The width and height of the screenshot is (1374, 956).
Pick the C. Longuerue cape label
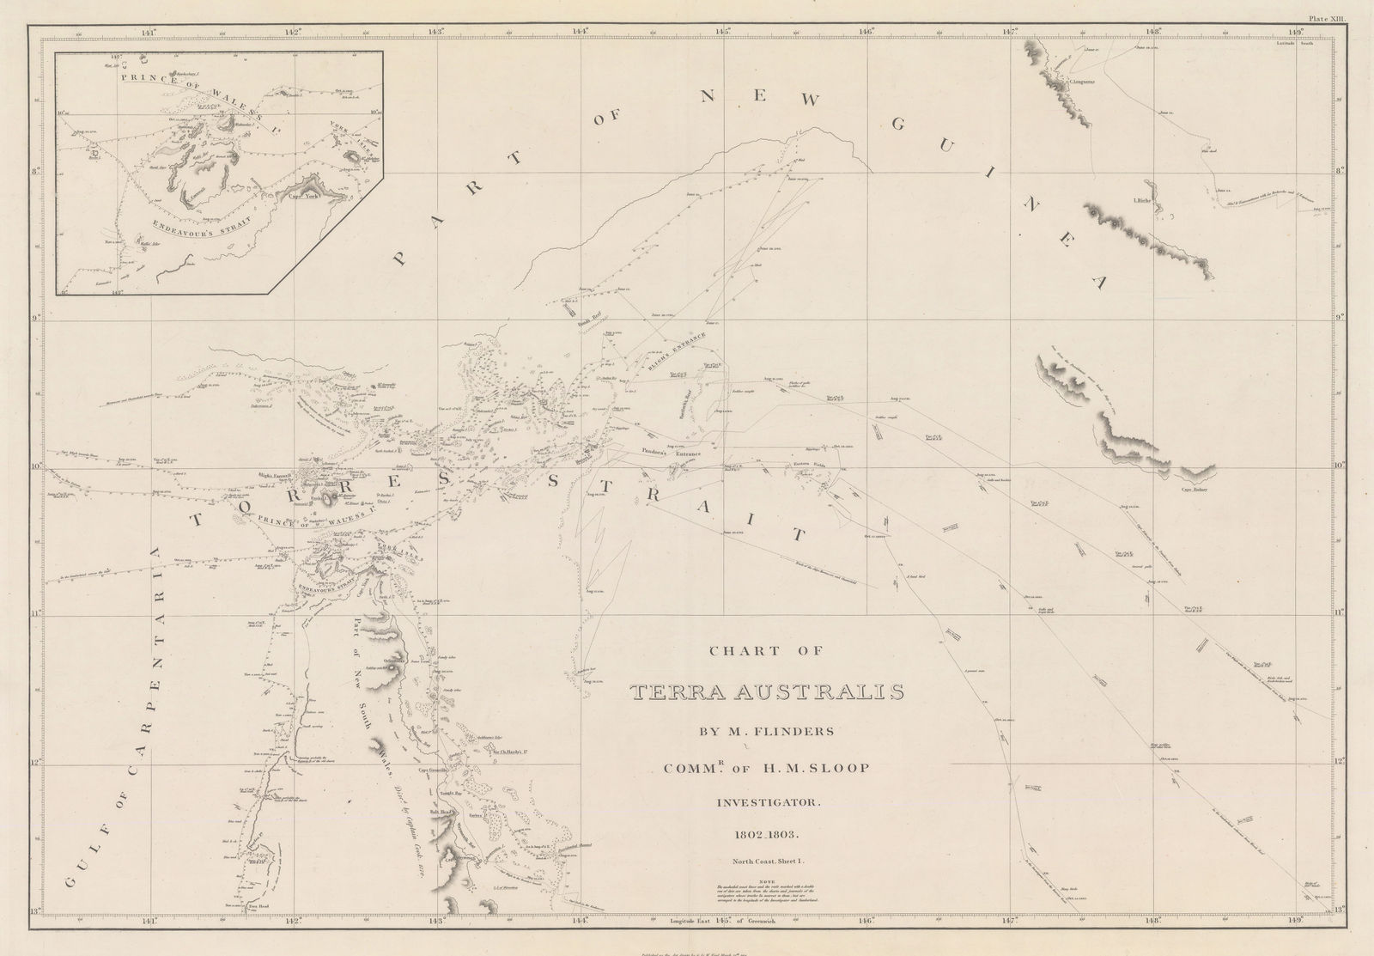1081,82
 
